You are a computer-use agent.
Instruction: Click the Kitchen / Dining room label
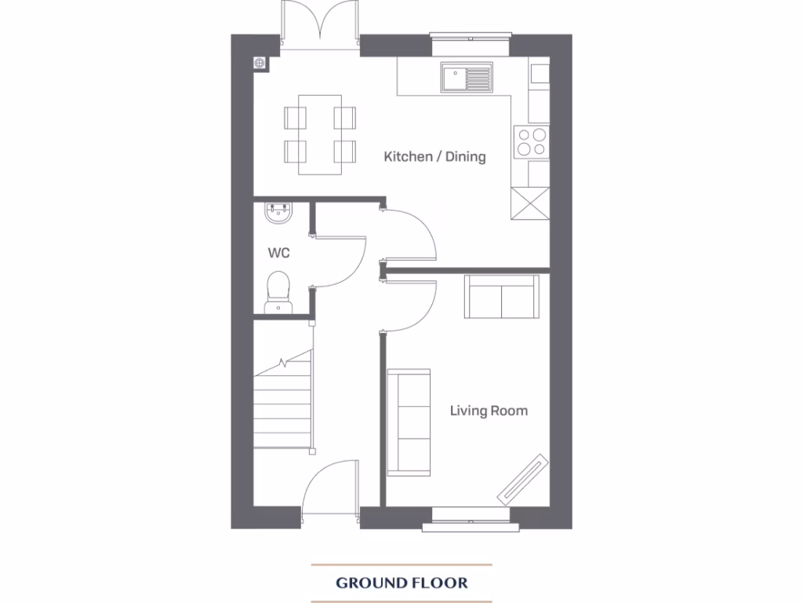[434, 156]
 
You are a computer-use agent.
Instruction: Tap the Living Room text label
[489, 411]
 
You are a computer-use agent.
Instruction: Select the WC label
[279, 253]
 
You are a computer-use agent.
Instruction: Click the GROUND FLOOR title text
[401, 583]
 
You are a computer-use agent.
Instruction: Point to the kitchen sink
[467, 78]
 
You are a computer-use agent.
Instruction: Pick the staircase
[283, 404]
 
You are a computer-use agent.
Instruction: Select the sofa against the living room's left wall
[409, 422]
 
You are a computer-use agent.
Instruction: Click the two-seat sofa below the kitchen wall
[502, 297]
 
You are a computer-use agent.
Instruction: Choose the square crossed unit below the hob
[529, 205]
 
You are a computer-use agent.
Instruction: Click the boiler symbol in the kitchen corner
[260, 64]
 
